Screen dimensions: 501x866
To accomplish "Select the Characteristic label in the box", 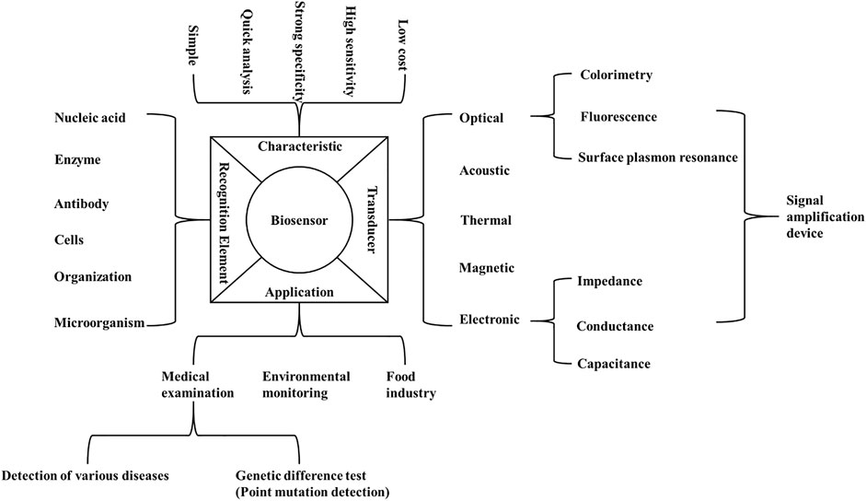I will (x=299, y=146).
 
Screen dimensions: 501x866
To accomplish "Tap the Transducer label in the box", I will (x=373, y=221).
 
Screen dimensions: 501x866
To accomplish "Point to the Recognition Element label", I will (x=226, y=221).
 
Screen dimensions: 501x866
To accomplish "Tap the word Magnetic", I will (x=487, y=268).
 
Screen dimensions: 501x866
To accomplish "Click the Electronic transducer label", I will (x=490, y=320).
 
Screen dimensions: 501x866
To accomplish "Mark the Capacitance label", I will (x=614, y=364).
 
